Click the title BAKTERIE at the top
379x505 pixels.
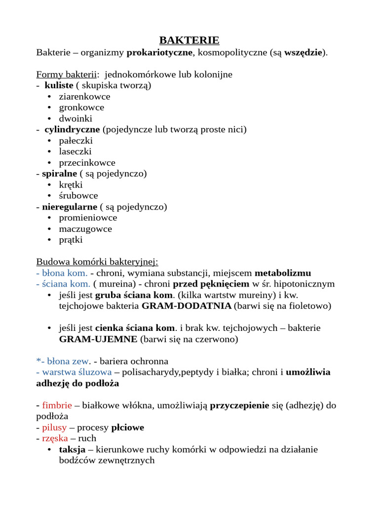tap(189, 40)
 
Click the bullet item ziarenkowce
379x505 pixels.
tap(84, 97)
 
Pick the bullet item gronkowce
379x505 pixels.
tap(81, 108)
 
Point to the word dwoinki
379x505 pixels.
tap(76, 118)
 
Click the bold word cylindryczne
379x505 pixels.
tap(72, 130)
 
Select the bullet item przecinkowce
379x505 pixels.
tap(87, 163)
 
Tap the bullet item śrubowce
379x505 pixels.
tap(78, 196)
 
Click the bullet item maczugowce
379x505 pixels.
tap(85, 229)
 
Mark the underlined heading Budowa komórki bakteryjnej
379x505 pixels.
tap(97, 262)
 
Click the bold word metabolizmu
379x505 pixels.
tap(283, 273)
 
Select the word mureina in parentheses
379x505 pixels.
tap(112, 284)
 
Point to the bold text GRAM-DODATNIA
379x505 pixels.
tap(186, 306)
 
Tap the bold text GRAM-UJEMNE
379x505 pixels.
tap(99, 339)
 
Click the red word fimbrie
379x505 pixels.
tap(57, 405)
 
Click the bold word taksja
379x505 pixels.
tap(72, 449)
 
